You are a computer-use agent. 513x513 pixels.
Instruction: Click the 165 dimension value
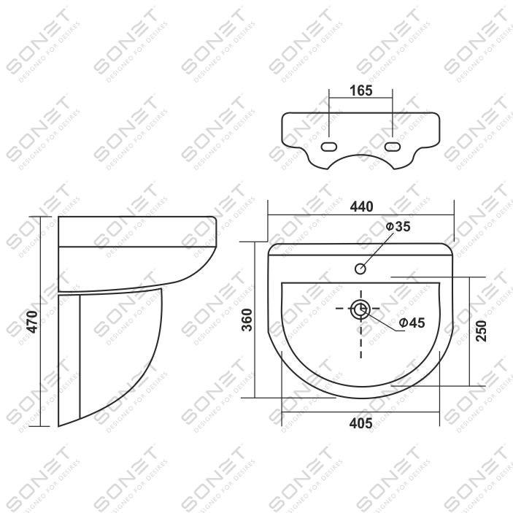(361, 90)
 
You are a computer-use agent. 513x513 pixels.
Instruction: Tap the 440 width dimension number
(361, 207)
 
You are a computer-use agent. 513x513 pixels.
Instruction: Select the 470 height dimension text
(32, 322)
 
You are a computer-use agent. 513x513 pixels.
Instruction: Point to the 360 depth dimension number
(247, 320)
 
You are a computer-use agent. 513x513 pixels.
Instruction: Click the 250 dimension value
(481, 331)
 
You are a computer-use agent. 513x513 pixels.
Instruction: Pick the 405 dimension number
(361, 423)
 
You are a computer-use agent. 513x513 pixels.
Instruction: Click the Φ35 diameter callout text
(398, 226)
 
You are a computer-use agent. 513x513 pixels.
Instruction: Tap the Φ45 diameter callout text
(412, 323)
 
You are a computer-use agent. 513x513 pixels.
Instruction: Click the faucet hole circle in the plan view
(360, 269)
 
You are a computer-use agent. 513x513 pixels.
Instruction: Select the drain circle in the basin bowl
(360, 309)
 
